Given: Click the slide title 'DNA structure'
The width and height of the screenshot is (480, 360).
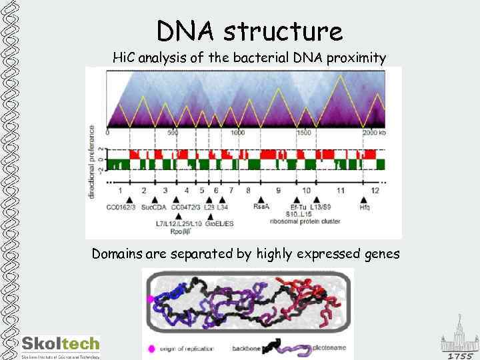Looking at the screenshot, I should [249, 31].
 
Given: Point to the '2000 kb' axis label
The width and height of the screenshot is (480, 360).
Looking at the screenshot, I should [374, 133].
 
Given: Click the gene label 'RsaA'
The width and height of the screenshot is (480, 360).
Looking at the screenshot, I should [261, 208].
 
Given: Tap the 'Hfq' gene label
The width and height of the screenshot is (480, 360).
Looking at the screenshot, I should [364, 208].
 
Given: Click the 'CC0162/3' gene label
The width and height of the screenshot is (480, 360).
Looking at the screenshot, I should [121, 208].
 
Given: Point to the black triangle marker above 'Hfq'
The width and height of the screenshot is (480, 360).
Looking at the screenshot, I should [364, 199].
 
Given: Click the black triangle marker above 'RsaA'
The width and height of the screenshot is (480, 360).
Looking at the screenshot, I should [261, 199].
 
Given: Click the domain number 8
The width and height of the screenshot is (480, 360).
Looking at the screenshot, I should [249, 191].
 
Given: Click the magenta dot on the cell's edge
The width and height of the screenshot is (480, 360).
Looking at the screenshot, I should [151, 299].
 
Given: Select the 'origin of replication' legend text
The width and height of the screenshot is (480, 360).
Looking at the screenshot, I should [186, 348].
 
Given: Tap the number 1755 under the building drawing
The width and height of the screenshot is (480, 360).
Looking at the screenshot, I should [460, 355].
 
